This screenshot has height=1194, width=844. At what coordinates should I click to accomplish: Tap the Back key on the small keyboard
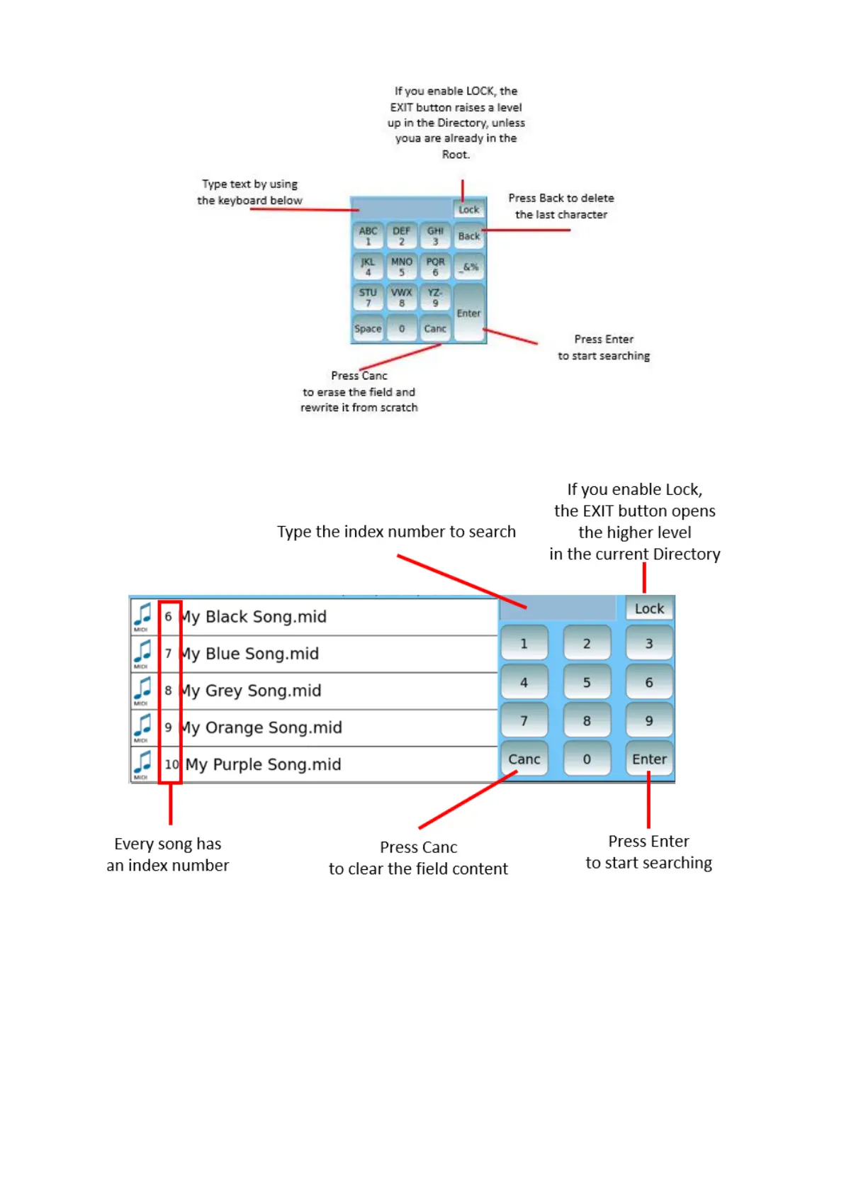[x=468, y=236]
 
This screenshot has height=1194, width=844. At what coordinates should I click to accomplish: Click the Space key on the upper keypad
[x=368, y=328]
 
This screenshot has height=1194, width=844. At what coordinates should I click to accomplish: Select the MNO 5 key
[x=402, y=267]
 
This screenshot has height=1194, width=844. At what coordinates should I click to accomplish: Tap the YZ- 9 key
[x=435, y=297]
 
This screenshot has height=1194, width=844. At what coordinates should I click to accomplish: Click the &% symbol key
[x=469, y=267]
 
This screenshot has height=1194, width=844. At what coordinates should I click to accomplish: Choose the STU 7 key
[x=368, y=297]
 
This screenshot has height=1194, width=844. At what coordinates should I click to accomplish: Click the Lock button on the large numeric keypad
[x=649, y=608]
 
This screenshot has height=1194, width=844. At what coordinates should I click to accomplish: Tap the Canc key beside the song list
[x=524, y=759]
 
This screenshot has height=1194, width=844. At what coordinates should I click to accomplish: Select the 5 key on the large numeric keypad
[x=587, y=682]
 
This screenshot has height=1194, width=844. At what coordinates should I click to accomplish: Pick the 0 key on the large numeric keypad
[x=587, y=759]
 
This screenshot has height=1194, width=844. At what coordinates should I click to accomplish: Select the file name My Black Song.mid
[x=255, y=617]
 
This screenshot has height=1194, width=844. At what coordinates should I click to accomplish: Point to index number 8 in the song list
[x=168, y=691]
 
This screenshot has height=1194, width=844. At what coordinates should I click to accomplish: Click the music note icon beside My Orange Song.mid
[x=142, y=727]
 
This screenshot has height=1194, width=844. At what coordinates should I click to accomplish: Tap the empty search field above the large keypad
[x=558, y=608]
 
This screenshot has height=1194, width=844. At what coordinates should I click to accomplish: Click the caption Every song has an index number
[x=168, y=854]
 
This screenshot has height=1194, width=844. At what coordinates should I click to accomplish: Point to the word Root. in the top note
[x=456, y=155]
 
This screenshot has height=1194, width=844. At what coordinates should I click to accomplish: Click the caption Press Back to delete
[x=561, y=199]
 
